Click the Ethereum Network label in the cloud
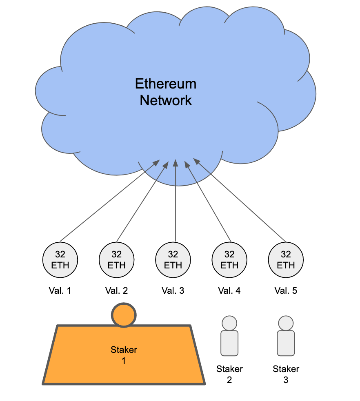(x=166, y=92)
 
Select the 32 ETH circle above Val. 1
(x=60, y=259)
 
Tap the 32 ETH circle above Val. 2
(x=116, y=259)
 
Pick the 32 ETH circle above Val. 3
(x=173, y=259)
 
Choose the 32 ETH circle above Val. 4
(x=229, y=259)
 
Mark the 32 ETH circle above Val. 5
(x=285, y=259)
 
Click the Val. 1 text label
(x=60, y=291)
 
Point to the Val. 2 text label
(x=116, y=291)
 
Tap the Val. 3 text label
(x=173, y=291)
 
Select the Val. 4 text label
(x=229, y=291)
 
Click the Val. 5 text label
(x=285, y=291)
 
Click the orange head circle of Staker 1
(x=124, y=315)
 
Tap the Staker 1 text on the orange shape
(x=124, y=355)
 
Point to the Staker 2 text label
(x=229, y=374)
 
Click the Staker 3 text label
(x=285, y=374)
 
